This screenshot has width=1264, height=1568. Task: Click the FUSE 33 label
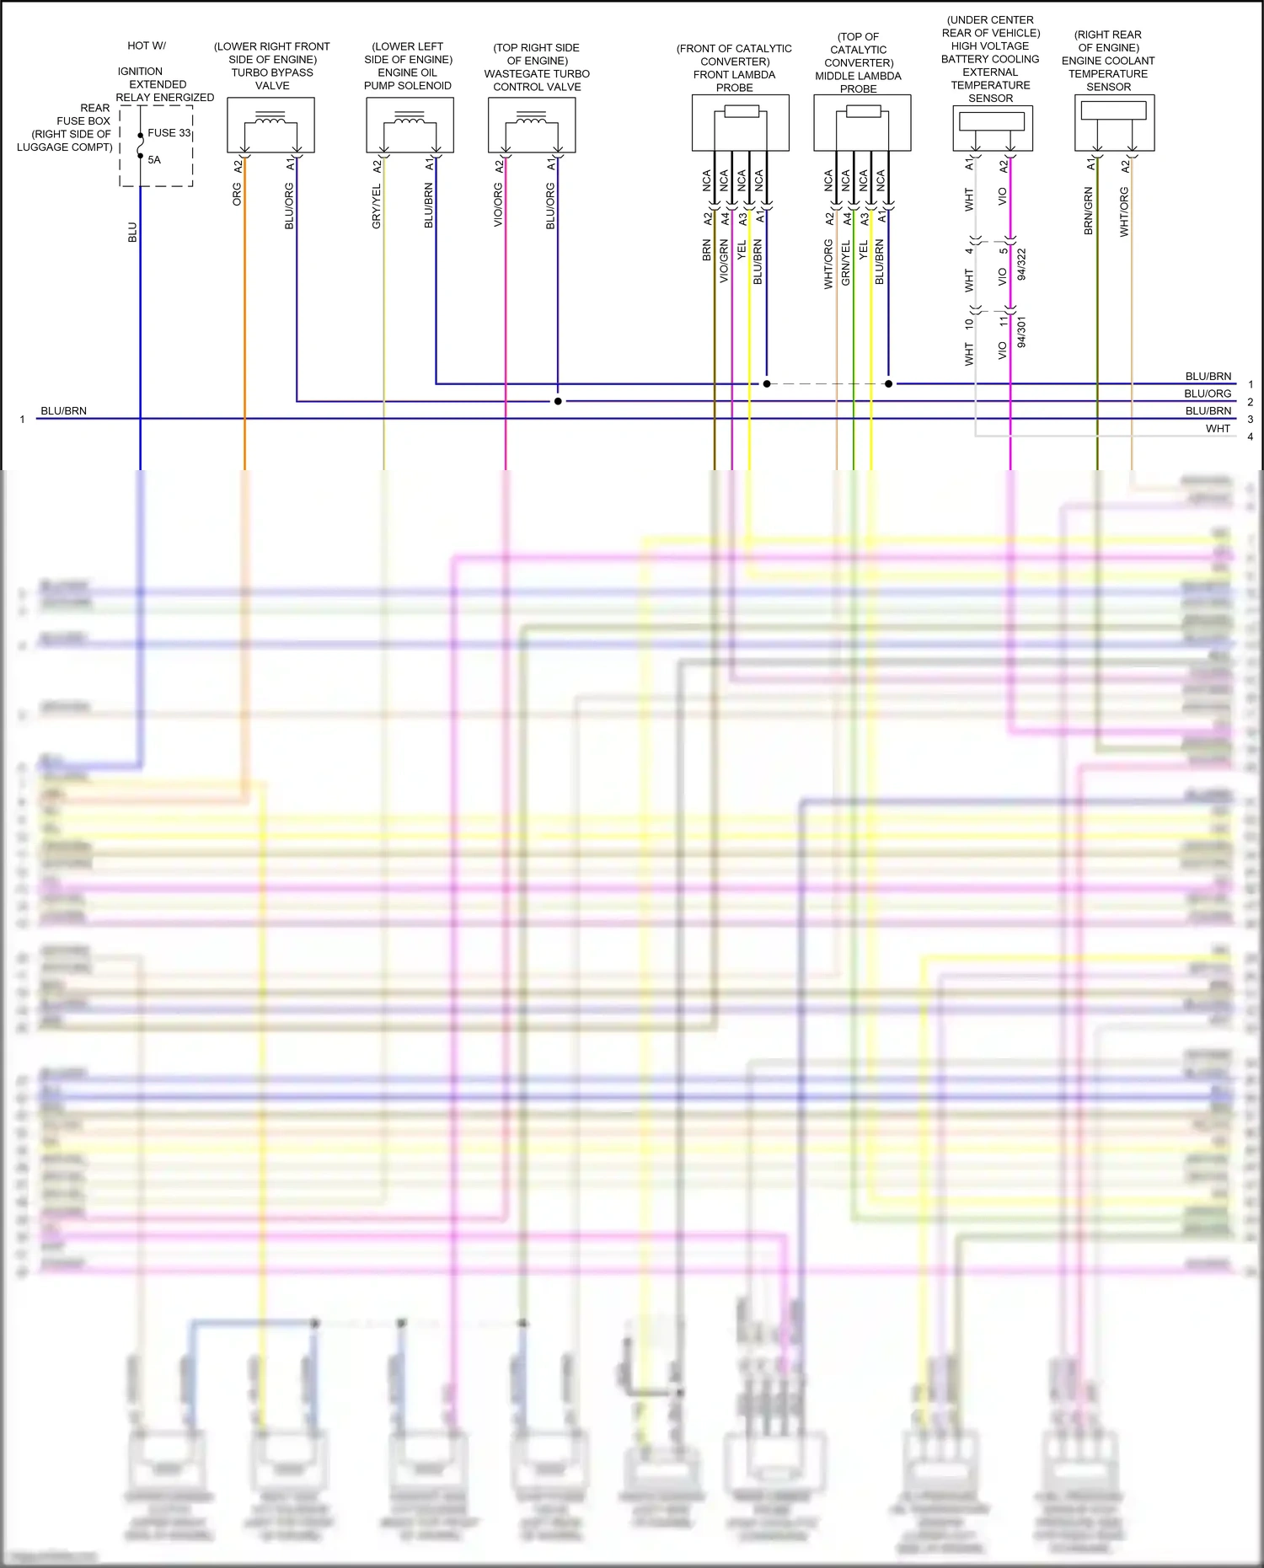coord(169,133)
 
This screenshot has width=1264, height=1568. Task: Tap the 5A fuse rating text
coord(154,160)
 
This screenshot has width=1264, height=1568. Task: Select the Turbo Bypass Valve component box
coord(270,125)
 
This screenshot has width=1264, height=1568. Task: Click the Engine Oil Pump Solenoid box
coord(410,125)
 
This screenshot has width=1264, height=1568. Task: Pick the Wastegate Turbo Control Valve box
coord(532,125)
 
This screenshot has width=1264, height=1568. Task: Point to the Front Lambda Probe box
coord(740,123)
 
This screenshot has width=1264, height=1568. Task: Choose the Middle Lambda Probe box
coord(862,123)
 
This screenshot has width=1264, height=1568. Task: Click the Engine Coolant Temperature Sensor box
coord(1114,123)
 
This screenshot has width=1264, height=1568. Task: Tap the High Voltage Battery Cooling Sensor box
coord(993,128)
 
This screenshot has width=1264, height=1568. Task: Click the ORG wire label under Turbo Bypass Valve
coord(237,195)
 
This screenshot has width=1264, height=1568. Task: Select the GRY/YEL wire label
coord(377,207)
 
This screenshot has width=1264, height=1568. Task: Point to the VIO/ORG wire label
coord(498,206)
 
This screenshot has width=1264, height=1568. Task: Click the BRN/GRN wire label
coord(1089,211)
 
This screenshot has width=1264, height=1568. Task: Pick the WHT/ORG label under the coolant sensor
coord(1124,211)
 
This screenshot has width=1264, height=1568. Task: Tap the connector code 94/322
coord(1022,265)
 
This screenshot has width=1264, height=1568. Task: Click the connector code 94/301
coord(1022,333)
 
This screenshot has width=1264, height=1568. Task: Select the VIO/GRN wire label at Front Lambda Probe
coord(724,261)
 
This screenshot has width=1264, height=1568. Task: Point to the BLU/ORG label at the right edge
coord(1208,393)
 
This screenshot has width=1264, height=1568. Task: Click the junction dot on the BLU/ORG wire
coord(558,401)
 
